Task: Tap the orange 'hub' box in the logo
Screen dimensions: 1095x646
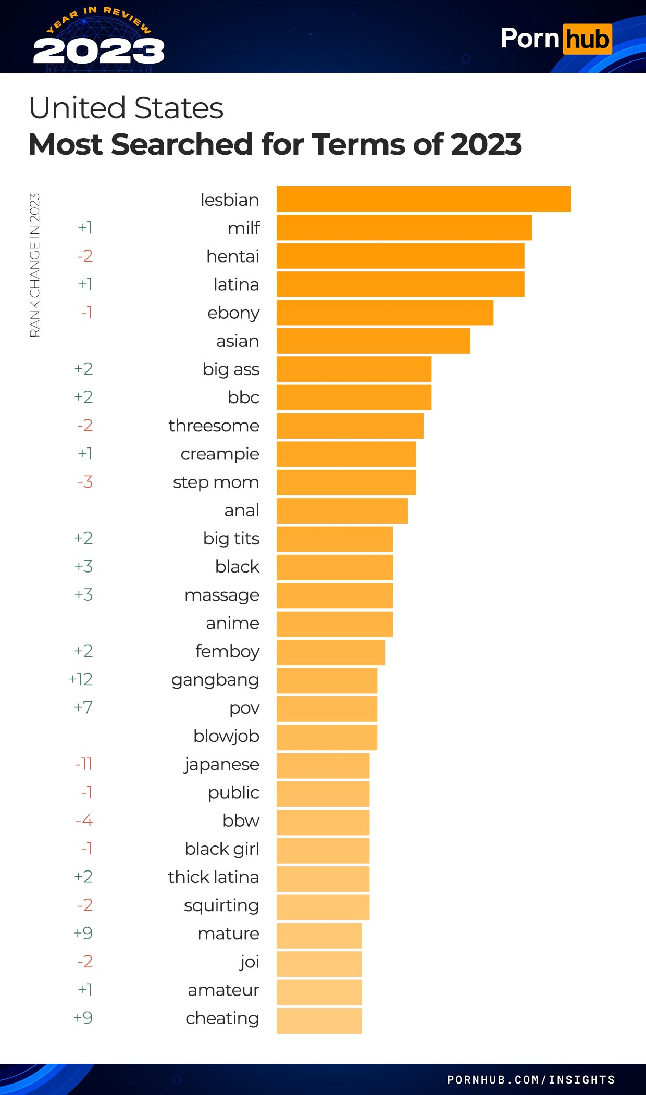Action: pos(587,39)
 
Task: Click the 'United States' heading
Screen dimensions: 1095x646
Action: pos(126,108)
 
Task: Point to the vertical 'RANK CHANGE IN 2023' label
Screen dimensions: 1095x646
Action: pos(34,265)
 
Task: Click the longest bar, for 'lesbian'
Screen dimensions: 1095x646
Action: pos(423,200)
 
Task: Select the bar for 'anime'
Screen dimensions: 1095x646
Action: pos(334,624)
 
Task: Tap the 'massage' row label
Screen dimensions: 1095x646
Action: pos(222,595)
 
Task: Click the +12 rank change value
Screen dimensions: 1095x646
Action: pos(80,679)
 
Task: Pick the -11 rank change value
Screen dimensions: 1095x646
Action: pos(83,764)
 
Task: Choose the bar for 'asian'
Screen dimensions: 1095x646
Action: pos(373,341)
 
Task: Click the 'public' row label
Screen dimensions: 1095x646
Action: pos(233,792)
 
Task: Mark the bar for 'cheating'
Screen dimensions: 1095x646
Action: pos(319,1021)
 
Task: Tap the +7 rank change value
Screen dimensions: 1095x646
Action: pos(83,707)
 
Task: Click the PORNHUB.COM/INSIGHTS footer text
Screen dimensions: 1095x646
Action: pos(531,1079)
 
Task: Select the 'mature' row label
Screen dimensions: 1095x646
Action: pos(228,934)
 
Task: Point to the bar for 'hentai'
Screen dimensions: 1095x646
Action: pos(400,256)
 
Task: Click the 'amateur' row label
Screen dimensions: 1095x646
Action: pos(223,990)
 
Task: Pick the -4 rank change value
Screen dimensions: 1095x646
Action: pos(84,820)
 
